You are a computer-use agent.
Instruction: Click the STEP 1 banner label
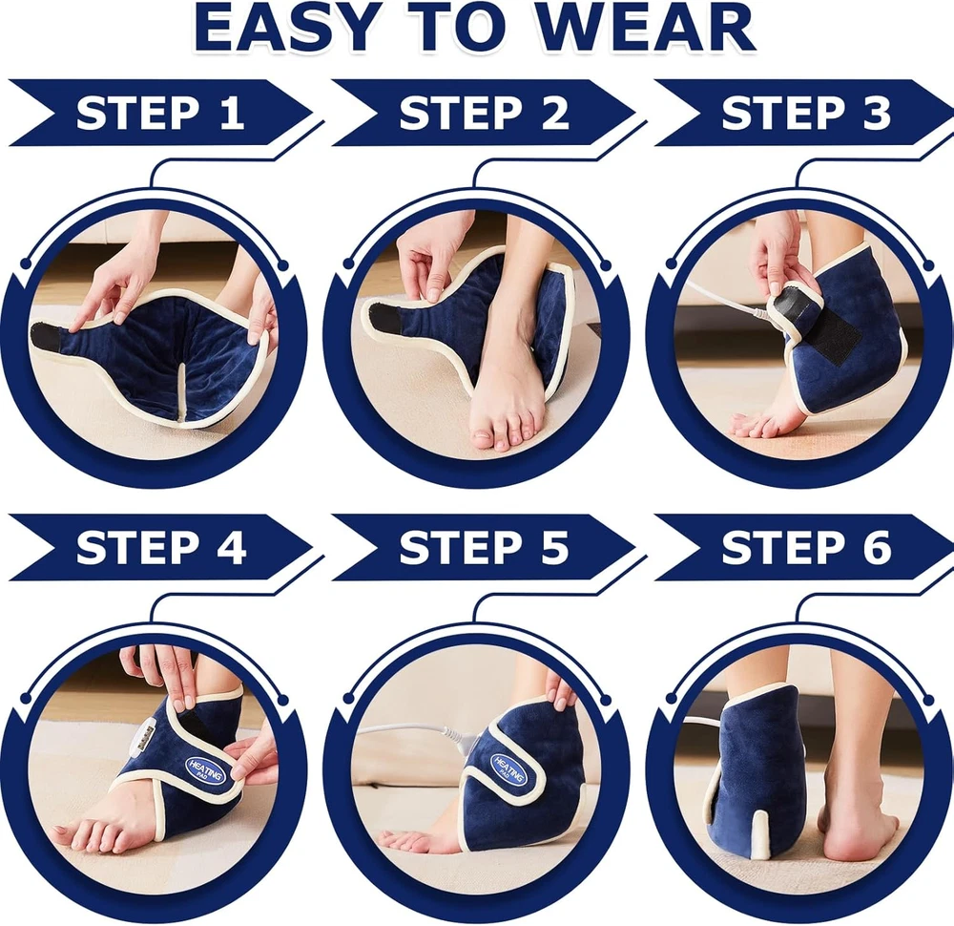coord(160,113)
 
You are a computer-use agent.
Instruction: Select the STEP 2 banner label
coord(484,113)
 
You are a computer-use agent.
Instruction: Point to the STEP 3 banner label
coord(806,113)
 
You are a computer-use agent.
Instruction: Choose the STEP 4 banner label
coord(161,547)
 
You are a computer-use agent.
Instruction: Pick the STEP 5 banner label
coord(484,547)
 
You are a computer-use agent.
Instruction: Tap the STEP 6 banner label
coord(806,547)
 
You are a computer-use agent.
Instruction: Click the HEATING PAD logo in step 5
coord(509,769)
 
